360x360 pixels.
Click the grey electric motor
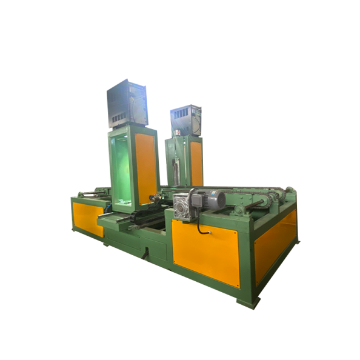212,199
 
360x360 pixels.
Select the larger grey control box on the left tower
127,104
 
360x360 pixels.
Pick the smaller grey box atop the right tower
185,120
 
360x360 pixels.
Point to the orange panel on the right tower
196,163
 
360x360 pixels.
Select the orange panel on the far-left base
88,219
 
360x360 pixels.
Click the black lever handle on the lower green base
145,254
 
